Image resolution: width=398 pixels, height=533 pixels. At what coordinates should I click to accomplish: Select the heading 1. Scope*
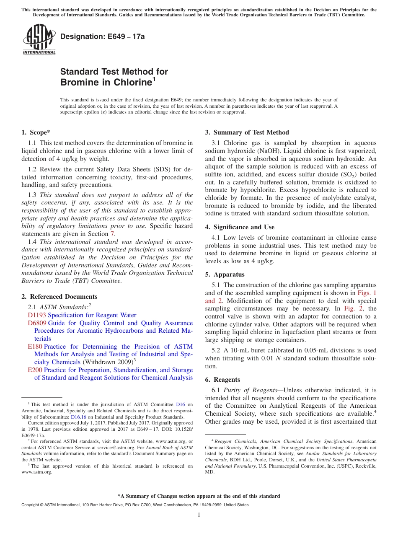(36, 132)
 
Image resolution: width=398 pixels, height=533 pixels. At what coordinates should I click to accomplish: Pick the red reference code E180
(35, 347)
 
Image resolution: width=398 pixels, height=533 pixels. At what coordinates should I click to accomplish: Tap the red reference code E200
(35, 370)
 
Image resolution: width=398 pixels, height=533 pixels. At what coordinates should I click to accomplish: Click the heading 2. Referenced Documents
(59, 297)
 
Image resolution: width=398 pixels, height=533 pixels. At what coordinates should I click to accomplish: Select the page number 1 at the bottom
(199, 515)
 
